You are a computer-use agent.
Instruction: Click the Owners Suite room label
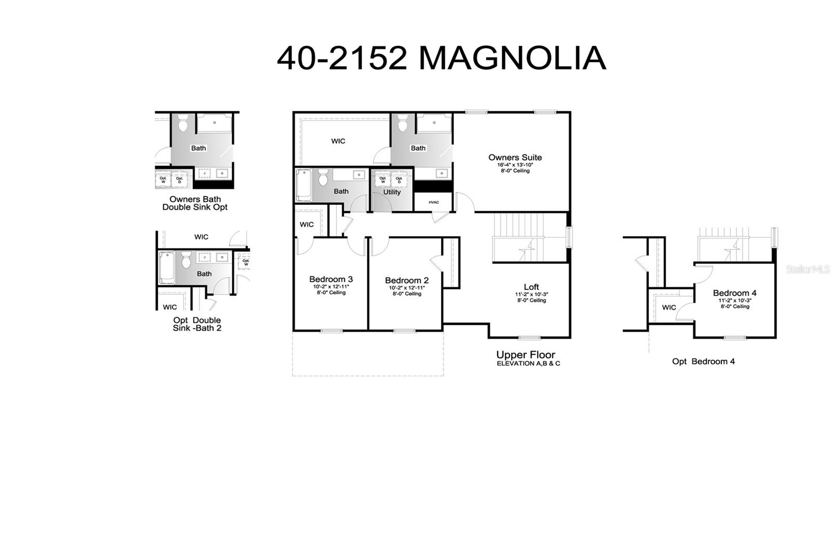(x=515, y=158)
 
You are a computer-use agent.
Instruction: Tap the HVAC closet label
(x=434, y=202)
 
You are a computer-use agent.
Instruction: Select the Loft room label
(x=531, y=287)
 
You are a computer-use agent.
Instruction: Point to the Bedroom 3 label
(x=331, y=280)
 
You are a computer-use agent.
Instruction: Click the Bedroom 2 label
(x=407, y=281)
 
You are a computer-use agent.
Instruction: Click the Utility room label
(x=392, y=192)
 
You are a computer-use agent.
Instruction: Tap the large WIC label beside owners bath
(x=338, y=141)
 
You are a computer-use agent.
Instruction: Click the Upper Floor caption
(x=525, y=355)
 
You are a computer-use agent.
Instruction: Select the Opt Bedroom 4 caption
(x=703, y=361)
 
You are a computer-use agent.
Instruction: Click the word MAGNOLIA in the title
(x=512, y=58)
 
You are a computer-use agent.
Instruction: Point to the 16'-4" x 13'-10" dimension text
(x=515, y=165)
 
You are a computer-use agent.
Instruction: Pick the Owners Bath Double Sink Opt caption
(x=195, y=203)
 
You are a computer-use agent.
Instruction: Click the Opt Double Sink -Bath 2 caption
(x=197, y=324)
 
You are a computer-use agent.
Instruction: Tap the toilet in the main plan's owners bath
(x=402, y=125)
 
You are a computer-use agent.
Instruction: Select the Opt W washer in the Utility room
(x=383, y=179)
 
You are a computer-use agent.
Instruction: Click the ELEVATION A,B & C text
(x=528, y=364)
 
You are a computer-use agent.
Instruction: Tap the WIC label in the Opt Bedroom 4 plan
(x=669, y=308)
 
